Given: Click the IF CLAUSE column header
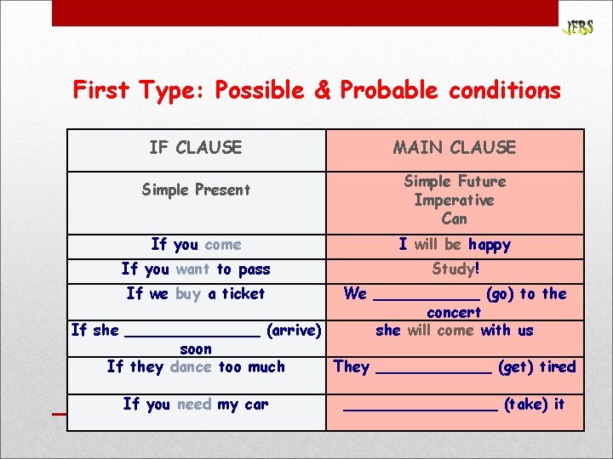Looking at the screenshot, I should pos(195,148).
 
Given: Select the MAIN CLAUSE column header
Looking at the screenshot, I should pos(454,148).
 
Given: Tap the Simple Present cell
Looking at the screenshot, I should pos(195,190).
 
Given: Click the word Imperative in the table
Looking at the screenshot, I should pos(454,200).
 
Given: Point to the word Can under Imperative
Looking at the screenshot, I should pos(454,218).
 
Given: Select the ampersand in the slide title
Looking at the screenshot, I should pos(322,90).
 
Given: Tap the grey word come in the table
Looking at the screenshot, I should pos(222,245).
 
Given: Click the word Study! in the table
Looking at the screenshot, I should pos(455,269).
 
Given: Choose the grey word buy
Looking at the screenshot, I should pos(187,294).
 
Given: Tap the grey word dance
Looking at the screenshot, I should pos(190,367).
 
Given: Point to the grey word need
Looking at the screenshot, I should pos(195,405).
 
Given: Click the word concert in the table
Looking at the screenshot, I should pos(455,312).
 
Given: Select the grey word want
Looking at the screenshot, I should pos(192,269).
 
